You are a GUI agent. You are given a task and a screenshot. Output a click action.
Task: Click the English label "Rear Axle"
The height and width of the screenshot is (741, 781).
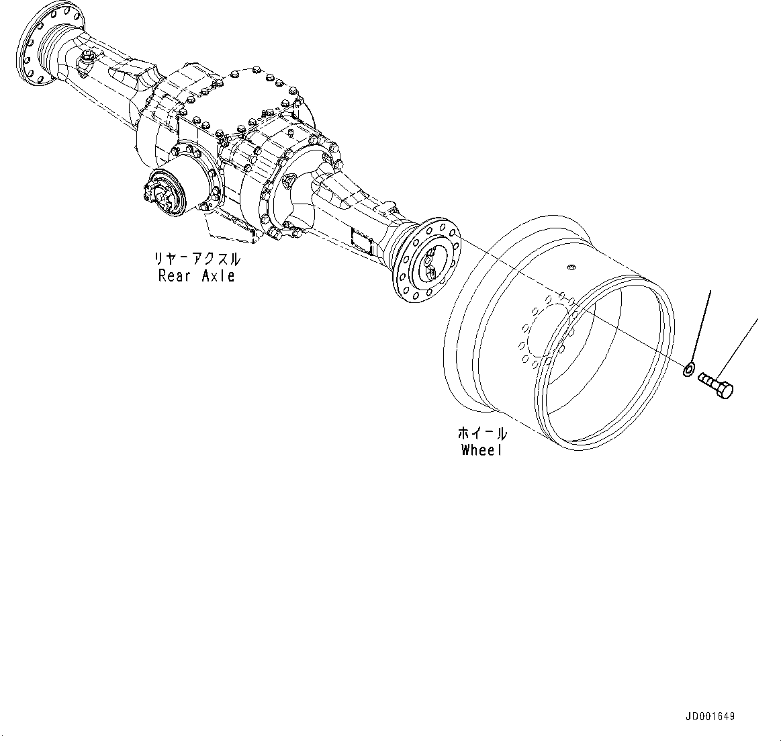pos(196,275)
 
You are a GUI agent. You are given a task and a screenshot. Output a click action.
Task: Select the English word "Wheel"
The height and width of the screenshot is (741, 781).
pos(481,450)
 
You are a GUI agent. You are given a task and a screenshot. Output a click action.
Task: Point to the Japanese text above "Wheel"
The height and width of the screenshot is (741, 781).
pos(481,433)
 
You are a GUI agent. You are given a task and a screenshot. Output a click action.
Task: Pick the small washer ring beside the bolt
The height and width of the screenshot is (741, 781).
pos(689,369)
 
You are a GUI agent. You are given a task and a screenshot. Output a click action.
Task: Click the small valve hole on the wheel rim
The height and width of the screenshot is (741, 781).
pos(570,268)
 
